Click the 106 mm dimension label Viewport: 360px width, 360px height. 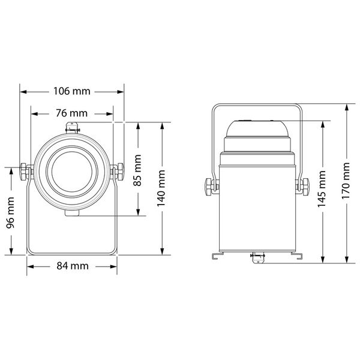(71, 92)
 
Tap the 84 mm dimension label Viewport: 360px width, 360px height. (71, 266)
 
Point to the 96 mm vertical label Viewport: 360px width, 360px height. (11, 211)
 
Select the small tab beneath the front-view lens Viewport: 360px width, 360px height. (72, 213)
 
